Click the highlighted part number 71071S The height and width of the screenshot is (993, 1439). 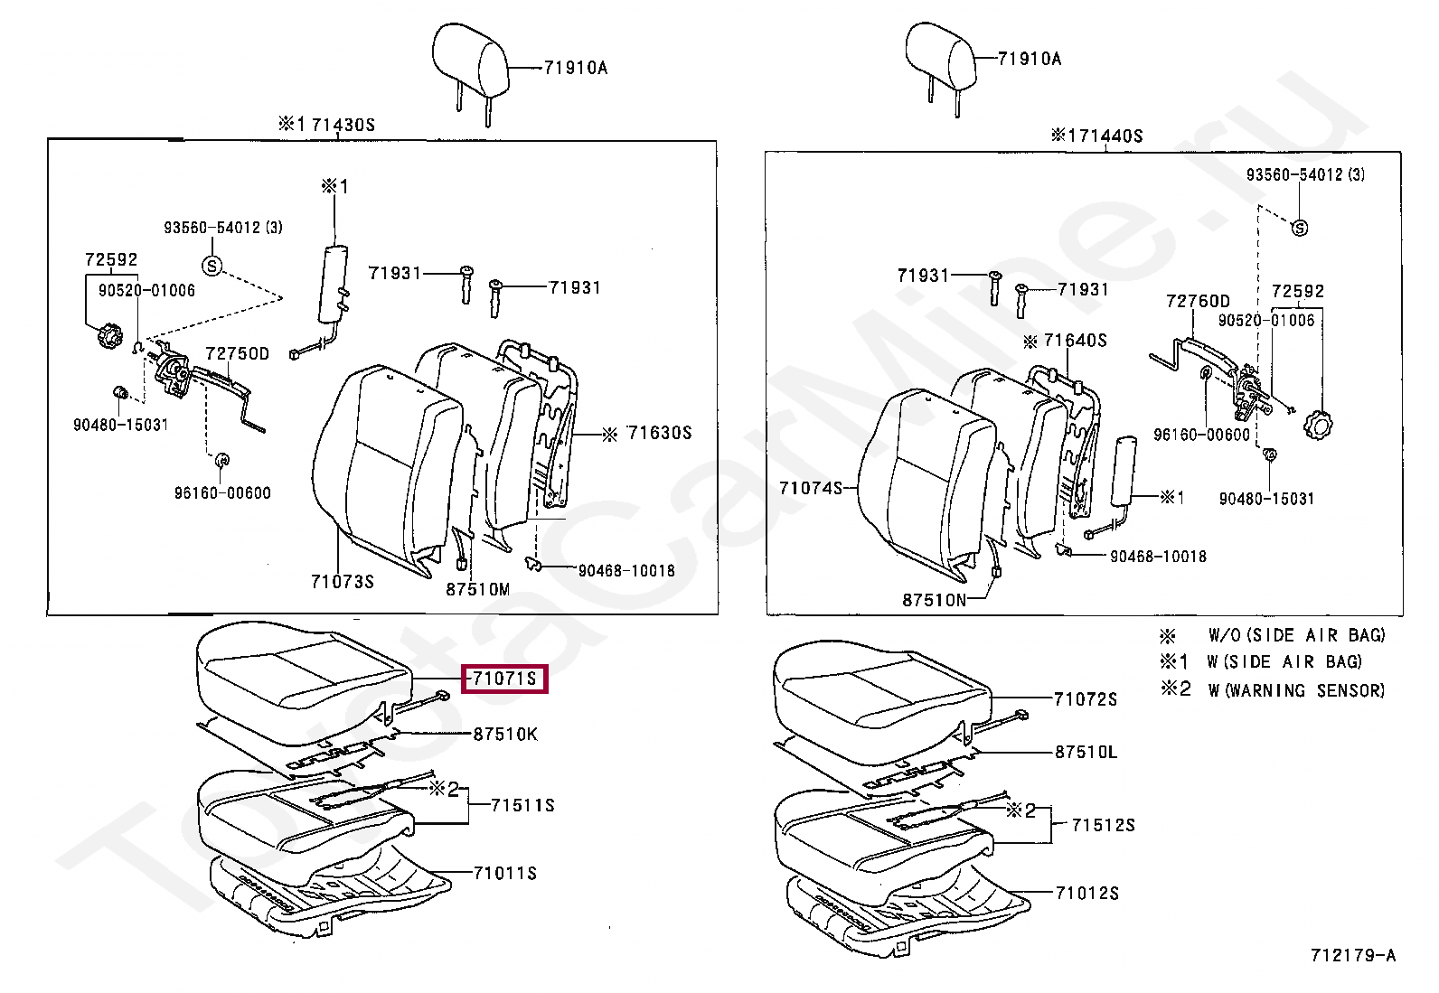pos(504,678)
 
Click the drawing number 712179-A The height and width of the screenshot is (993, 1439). pos(1352,955)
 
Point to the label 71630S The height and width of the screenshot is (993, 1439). pos(659,434)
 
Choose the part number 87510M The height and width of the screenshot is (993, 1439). pos(477,590)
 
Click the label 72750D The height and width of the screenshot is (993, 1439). pos(237,353)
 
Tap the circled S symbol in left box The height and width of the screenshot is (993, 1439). pos(212,266)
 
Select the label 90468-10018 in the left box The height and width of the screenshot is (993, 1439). pos(626,570)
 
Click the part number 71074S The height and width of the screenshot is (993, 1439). pos(810,488)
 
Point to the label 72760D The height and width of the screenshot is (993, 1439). pos(1198,301)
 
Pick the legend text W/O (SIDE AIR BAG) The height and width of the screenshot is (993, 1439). pos(1296,635)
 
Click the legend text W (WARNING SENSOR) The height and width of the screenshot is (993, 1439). pos(1295,690)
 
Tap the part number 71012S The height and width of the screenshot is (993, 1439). pos(1087,893)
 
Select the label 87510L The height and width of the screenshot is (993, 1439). pos(1086,752)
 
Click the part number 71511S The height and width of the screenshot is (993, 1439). pos(522,805)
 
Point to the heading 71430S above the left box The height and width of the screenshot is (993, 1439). pos(343,125)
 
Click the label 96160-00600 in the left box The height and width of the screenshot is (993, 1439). pos(222,492)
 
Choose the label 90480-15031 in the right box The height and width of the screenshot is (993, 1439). pos(1266,499)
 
